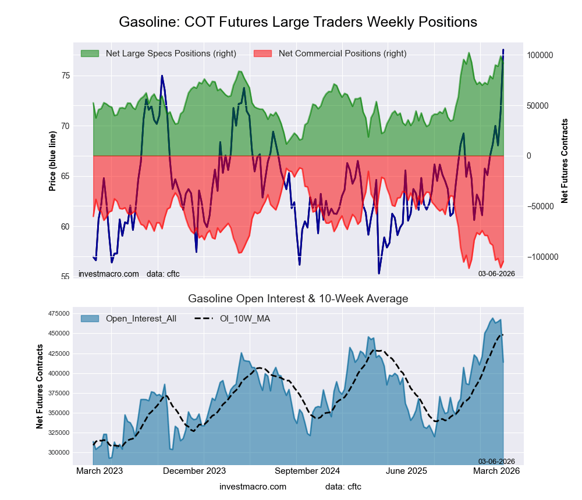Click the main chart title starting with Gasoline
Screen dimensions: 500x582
[x=298, y=22]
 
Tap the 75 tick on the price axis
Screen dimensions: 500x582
[x=65, y=76]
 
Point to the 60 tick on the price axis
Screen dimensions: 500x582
[x=65, y=227]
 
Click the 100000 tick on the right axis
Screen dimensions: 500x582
[x=540, y=55]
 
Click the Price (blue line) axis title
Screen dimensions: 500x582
[x=52, y=161]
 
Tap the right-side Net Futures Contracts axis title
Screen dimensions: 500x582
[x=565, y=161]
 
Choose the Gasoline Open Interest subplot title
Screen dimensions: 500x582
[x=298, y=299]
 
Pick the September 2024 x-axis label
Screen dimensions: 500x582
[x=307, y=471]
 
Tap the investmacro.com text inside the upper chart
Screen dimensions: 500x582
[x=109, y=274]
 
